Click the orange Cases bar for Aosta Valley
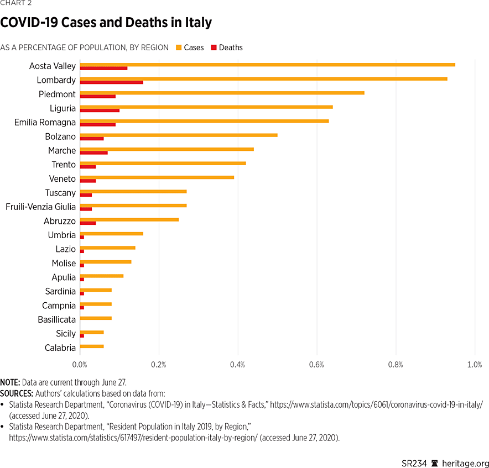click(267, 65)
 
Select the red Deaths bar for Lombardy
click(111, 82)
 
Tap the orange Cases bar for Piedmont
click(222, 93)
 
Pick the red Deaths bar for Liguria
click(100, 111)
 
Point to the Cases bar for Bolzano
click(178, 135)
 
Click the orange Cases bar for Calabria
click(92, 346)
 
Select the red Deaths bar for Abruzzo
click(88, 223)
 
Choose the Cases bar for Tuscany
click(133, 191)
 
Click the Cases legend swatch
click(179, 48)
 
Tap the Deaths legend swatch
click(214, 48)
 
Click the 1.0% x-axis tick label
click(474, 365)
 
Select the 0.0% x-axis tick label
click(80, 365)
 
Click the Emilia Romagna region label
click(45, 122)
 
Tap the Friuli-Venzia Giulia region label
click(40, 207)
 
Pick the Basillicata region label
click(56, 319)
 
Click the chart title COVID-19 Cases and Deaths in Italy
click(106, 23)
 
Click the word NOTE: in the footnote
click(10, 382)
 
